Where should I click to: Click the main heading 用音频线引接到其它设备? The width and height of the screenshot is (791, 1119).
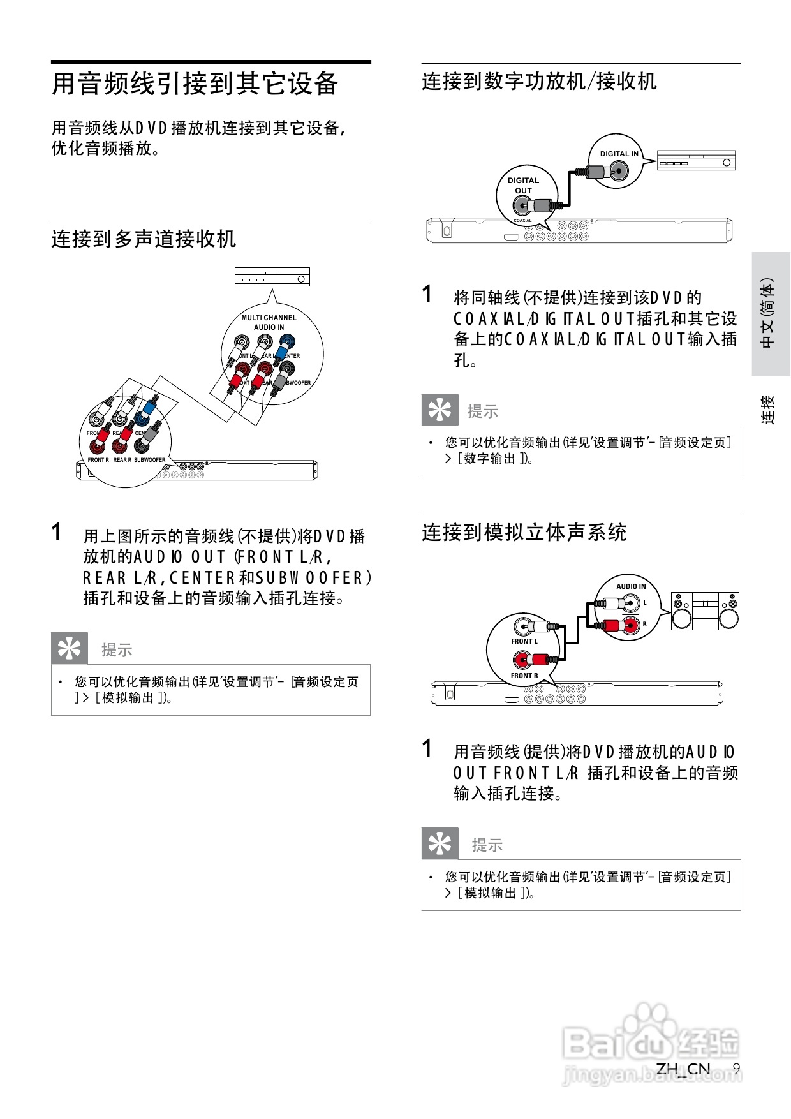[195, 84]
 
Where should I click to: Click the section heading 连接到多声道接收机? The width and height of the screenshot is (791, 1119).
[144, 239]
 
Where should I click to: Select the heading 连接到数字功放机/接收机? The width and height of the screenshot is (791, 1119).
[539, 82]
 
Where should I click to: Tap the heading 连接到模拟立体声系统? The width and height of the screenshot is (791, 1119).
[524, 532]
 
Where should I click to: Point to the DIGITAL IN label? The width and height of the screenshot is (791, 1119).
[619, 154]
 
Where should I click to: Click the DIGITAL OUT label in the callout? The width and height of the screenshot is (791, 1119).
[523, 185]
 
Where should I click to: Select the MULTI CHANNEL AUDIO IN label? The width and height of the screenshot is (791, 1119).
[269, 322]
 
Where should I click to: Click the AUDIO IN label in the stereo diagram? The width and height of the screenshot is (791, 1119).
[631, 586]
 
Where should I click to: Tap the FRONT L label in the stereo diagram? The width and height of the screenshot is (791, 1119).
[524, 641]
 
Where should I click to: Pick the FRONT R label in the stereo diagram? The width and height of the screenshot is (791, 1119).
[524, 676]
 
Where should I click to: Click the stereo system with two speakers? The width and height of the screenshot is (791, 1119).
[705, 611]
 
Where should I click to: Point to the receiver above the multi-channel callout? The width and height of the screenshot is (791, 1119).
[272, 278]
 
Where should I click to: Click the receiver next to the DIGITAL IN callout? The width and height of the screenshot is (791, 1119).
[696, 160]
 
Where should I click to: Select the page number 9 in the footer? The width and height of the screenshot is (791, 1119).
[736, 1069]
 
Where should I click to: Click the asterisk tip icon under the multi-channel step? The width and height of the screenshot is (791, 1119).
[70, 649]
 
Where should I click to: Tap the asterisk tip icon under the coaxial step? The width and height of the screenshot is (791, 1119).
[440, 410]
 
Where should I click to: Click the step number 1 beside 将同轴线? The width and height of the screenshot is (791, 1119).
[427, 295]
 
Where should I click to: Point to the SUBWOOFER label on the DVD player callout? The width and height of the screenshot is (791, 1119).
[149, 460]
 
